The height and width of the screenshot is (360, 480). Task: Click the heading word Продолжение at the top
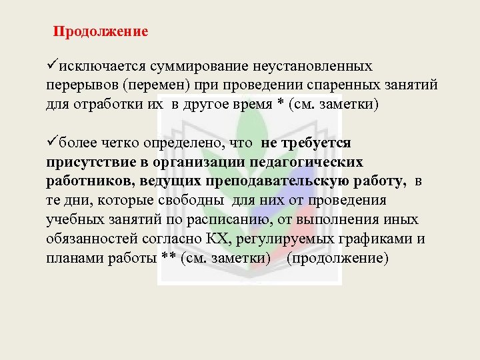[x=101, y=31]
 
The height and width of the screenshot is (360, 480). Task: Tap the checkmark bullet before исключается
[x=51, y=66]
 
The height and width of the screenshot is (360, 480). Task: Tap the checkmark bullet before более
[x=51, y=142]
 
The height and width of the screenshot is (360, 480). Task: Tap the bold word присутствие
[x=85, y=162]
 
